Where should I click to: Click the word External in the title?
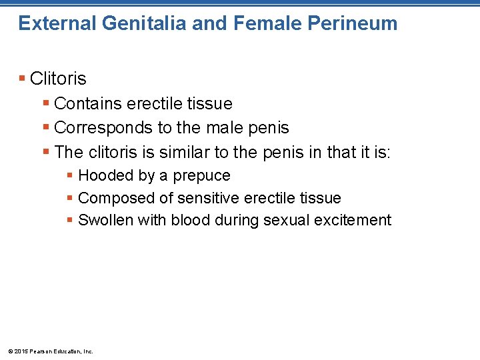pyautogui.click(x=57, y=24)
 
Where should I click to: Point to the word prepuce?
pyautogui.click(x=201, y=176)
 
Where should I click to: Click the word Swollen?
pyautogui.click(x=105, y=221)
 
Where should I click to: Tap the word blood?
pyautogui.click(x=190, y=221)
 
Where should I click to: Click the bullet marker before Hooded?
pyautogui.click(x=70, y=176)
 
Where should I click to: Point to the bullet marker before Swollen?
pyautogui.click(x=70, y=221)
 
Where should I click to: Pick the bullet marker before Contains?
pyautogui.click(x=46, y=104)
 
